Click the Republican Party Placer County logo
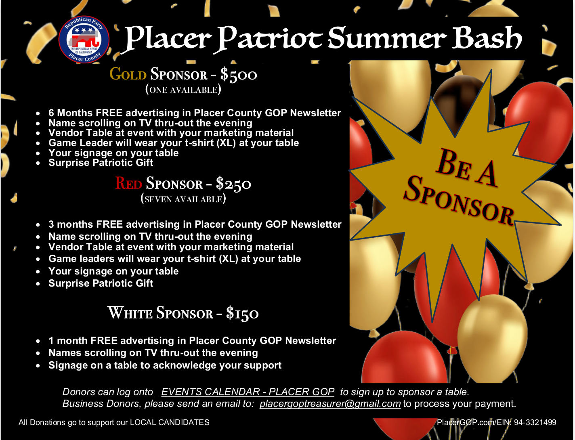coord(84,39)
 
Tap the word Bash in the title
coord(487,38)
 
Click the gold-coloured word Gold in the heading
coord(128,74)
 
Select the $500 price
coord(239,75)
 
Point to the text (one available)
coord(183,90)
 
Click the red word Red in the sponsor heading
coord(129,183)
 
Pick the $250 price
coord(233,183)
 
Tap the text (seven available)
coord(183,199)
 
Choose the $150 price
coord(242,313)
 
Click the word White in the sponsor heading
coord(130,312)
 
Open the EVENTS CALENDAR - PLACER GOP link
coord(248,392)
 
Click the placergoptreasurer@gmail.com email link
coord(330,404)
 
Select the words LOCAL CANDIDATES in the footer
coord(170,423)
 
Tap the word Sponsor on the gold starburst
coord(458,200)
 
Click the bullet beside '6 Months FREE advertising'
coord(38,113)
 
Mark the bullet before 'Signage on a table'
coord(38,366)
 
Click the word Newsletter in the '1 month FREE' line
coord(311,340)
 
